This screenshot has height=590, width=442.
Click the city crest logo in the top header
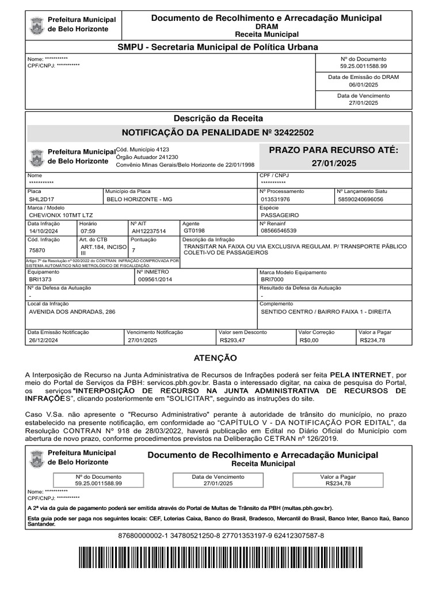coord(38,24)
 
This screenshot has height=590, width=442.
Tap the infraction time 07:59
coord(88,231)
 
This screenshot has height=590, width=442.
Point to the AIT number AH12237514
coord(148,231)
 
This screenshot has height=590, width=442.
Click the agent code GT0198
coord(193,231)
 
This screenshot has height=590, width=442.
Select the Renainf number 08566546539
coord(279,230)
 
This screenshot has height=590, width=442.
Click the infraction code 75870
coord(36,250)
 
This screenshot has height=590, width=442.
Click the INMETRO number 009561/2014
coord(155,279)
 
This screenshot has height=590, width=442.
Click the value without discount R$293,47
coord(233,341)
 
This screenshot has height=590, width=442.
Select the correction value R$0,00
coord(309,341)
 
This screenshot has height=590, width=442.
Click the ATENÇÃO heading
coord(215,358)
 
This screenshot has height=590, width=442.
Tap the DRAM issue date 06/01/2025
coord(363,84)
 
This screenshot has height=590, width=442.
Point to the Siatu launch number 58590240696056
coord(360,199)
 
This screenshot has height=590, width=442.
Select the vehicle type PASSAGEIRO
coord(279,215)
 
